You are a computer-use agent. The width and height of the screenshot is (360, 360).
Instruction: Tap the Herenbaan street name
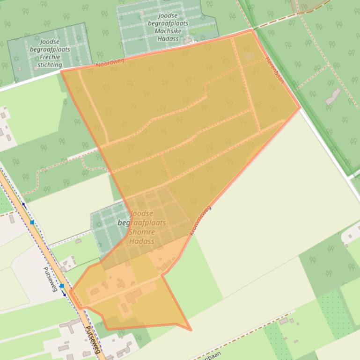point(275,71)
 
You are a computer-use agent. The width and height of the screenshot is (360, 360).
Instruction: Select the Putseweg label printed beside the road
point(50,279)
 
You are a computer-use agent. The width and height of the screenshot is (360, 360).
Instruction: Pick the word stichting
point(49,65)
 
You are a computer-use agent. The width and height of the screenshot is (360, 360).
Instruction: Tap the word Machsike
point(168,31)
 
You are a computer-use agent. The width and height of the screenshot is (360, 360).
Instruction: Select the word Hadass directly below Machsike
point(168,39)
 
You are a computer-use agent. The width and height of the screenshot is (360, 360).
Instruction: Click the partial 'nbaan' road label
point(211,356)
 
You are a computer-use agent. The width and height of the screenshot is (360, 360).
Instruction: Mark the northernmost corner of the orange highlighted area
point(252,30)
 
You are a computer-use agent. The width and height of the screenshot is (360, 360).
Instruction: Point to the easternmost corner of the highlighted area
point(300,108)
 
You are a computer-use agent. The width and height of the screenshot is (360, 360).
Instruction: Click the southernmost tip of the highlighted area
point(191,330)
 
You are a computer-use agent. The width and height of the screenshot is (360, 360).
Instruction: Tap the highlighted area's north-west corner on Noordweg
point(61,71)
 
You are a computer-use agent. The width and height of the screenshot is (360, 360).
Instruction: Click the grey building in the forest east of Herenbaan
point(333,96)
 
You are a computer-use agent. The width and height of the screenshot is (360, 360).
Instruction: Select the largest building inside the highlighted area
point(134,295)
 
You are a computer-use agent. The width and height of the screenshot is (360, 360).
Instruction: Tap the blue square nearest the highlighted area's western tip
point(62,286)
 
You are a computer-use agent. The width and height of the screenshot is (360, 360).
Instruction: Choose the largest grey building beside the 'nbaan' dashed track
point(284,321)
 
